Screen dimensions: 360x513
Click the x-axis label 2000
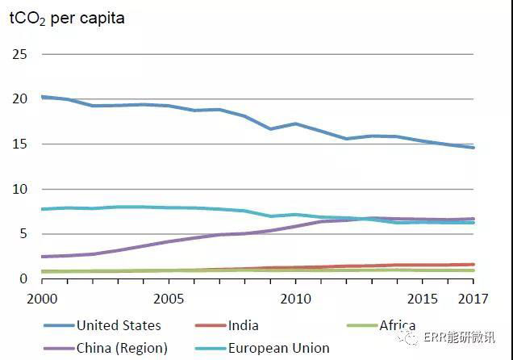tap(41, 299)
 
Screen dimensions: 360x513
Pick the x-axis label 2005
tap(169, 299)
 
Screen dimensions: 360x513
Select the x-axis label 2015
tap(423, 299)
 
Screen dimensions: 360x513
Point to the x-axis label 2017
tap(473, 299)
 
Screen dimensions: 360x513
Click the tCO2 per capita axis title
tap(67, 18)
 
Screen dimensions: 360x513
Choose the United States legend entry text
tap(119, 326)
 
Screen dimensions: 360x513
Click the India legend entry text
tap(244, 326)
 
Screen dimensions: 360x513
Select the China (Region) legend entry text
tap(122, 349)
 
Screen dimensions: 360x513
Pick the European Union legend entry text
tap(278, 349)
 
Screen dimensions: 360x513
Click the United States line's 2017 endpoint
tap(473, 148)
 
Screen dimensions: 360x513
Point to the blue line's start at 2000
tap(42, 97)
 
